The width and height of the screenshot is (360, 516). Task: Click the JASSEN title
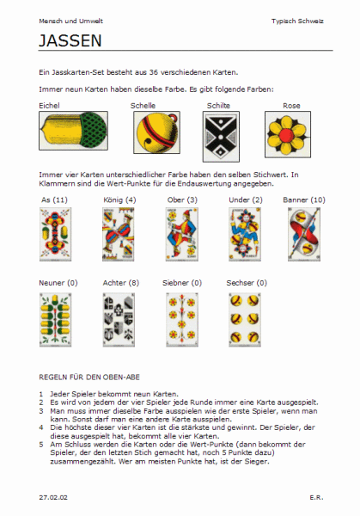pos(70,40)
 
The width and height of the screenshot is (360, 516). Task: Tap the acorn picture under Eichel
pos(73,131)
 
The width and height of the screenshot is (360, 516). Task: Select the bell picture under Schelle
pos(157,132)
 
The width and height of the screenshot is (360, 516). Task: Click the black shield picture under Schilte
pos(221,137)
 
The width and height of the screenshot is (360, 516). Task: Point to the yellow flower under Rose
pos(288,134)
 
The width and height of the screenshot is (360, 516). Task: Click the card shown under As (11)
pos(55,234)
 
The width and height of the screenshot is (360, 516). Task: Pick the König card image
pos(119,234)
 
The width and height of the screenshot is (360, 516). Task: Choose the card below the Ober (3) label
pos(182,234)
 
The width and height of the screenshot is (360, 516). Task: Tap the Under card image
pos(245,234)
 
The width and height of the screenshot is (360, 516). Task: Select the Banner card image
pos(304,234)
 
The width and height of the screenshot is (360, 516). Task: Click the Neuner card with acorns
pos(55,320)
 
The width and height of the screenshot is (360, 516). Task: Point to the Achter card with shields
pos(119,320)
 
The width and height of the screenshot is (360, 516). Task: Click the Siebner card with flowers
pos(182,320)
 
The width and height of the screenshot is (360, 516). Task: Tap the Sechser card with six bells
pos(245,320)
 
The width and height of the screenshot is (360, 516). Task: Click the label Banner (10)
pos(304,200)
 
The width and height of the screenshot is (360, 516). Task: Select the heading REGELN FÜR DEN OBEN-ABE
pos(89,378)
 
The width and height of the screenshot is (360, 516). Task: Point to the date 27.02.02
pos(53,497)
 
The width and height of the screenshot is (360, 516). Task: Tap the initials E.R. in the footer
pos(316,497)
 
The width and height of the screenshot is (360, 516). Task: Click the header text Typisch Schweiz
pos(297,21)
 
